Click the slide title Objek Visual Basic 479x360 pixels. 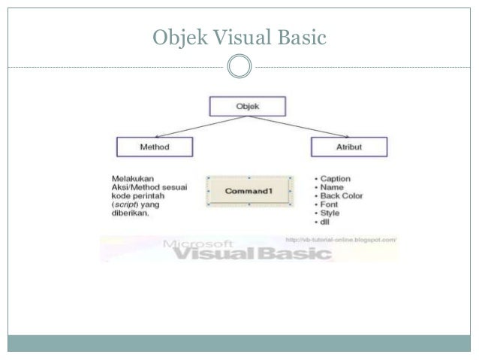pos(239,35)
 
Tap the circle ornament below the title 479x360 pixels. pos(239,65)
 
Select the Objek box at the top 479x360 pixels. pos(246,106)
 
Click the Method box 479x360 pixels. pos(155,147)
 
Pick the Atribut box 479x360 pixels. pos(348,147)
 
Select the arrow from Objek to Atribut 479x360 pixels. pos(297,126)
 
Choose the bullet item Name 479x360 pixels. pos(333,188)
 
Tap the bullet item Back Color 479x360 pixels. pos(342,196)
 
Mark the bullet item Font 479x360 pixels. pos(331,204)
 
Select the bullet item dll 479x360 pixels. pos(327,221)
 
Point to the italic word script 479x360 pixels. pos(120,204)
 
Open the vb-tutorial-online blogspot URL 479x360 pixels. pos(341,240)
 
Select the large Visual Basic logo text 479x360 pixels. pos(248,254)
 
